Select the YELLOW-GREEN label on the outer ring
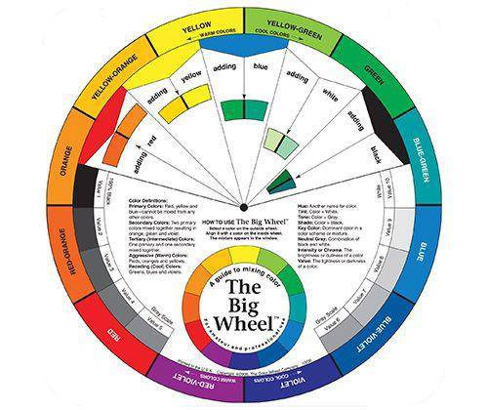click(x=289, y=24)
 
